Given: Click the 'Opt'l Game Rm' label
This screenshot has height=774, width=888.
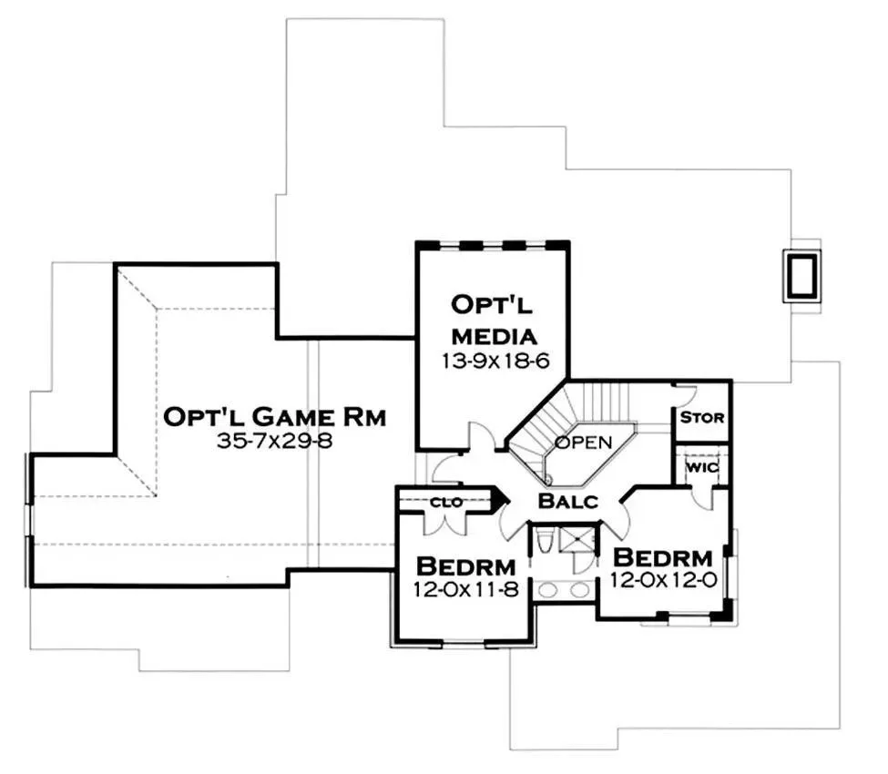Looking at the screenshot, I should pyautogui.click(x=275, y=417).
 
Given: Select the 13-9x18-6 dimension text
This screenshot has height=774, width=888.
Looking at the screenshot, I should pyautogui.click(x=492, y=361).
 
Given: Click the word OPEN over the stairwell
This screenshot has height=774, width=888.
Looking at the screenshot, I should pyautogui.click(x=583, y=443).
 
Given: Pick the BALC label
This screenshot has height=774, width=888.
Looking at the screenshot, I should pyautogui.click(x=567, y=500).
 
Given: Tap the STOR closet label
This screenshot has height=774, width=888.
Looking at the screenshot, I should pyautogui.click(x=702, y=418).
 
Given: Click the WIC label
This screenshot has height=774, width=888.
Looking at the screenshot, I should pyautogui.click(x=702, y=468).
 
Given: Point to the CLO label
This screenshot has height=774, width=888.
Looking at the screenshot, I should pyautogui.click(x=445, y=501).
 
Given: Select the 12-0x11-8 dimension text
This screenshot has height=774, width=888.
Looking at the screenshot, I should pyautogui.click(x=464, y=589).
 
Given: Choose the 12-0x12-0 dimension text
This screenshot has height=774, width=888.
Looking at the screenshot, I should pyautogui.click(x=661, y=580).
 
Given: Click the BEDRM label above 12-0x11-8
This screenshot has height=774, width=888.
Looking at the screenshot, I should pyautogui.click(x=465, y=565).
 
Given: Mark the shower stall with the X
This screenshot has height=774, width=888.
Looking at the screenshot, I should pyautogui.click(x=577, y=539).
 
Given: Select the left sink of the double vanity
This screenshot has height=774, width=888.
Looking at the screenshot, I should pyautogui.click(x=548, y=590).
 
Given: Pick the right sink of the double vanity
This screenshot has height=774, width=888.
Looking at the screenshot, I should pyautogui.click(x=581, y=590).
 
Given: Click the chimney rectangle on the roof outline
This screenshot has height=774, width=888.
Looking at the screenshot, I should pyautogui.click(x=802, y=276).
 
